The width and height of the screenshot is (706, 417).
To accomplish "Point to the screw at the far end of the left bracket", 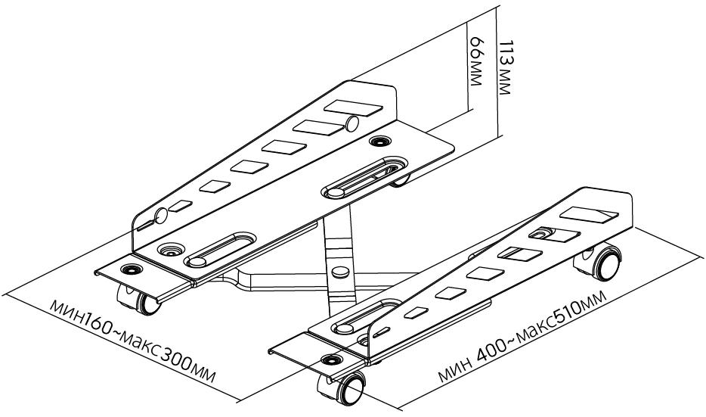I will coord(376,141).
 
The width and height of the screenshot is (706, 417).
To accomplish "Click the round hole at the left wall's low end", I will coord(159,217).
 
